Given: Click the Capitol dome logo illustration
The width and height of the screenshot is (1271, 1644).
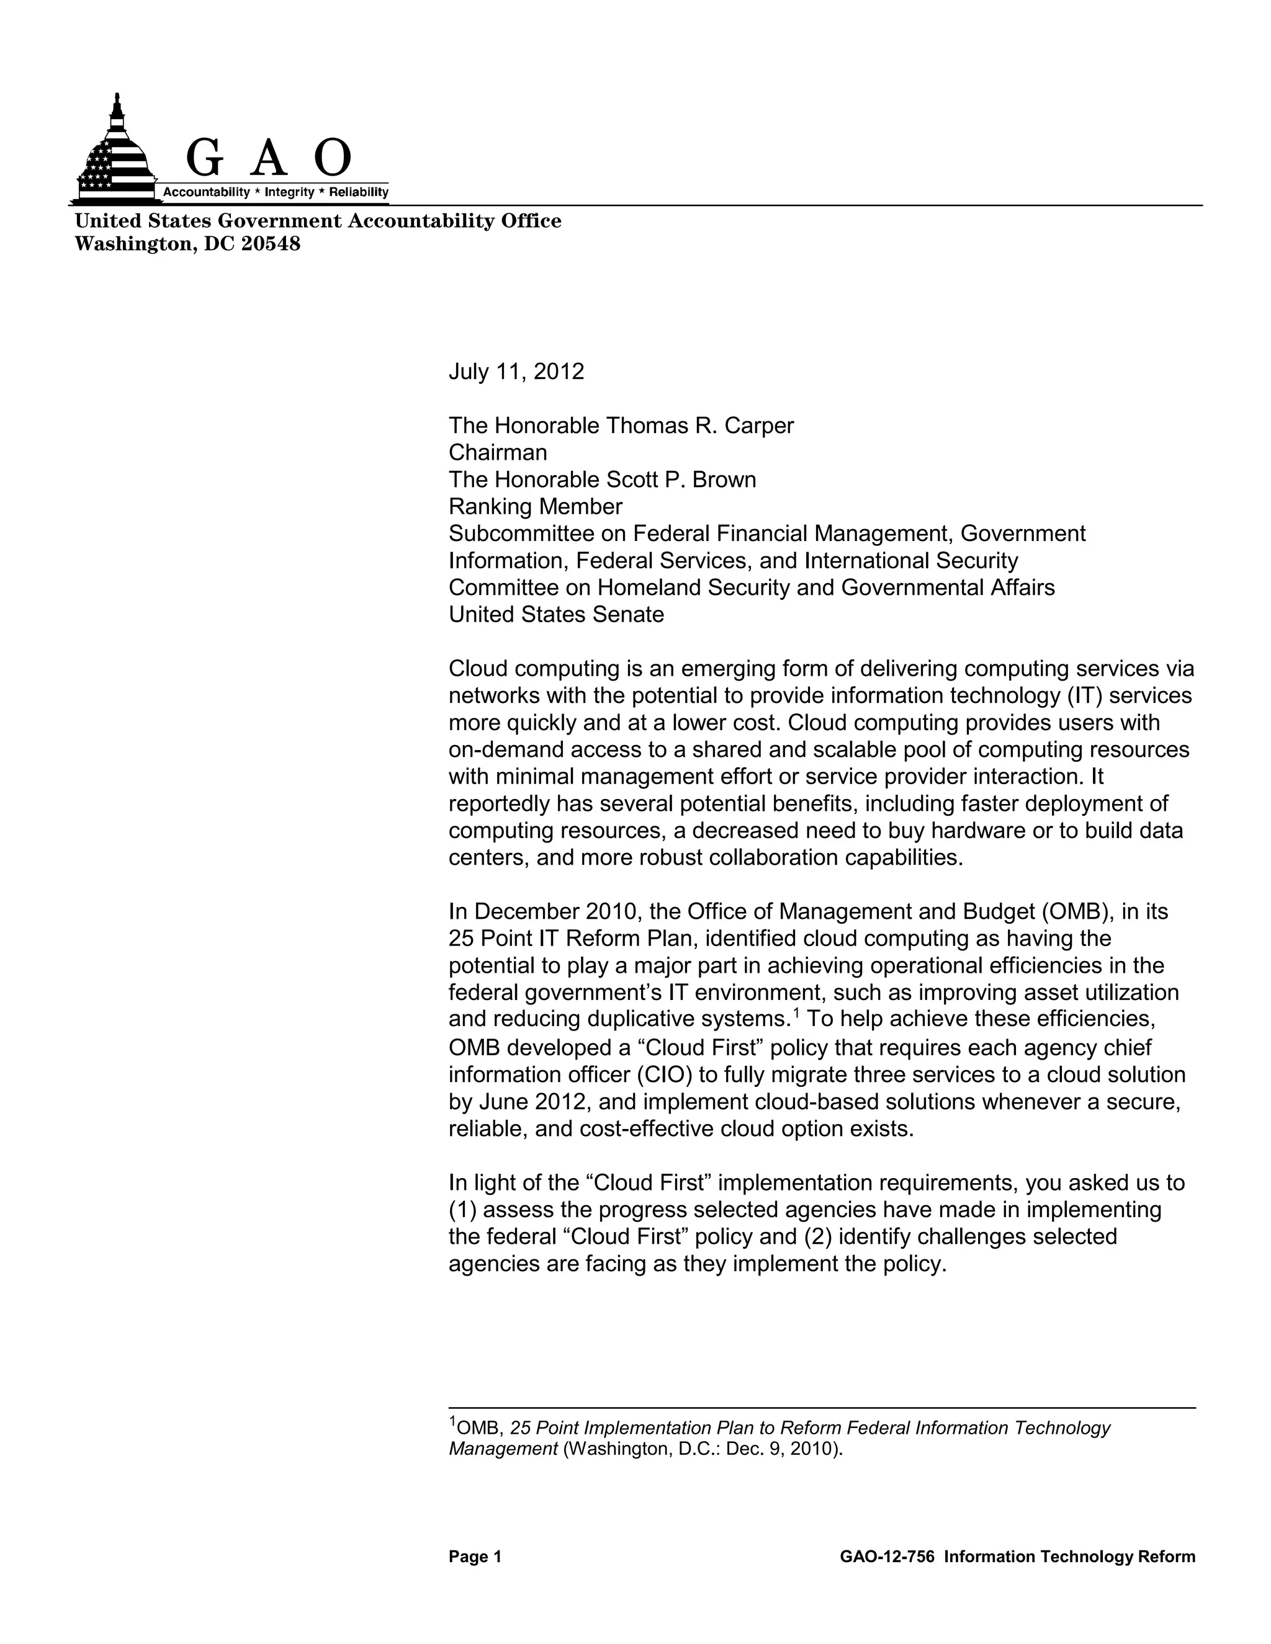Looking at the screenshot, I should coord(114,154).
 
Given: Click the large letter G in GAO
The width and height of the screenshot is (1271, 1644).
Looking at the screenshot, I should coord(204,159).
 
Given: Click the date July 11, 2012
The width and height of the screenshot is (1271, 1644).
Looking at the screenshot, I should coord(516,372).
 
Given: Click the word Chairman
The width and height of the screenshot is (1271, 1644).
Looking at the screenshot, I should coord(498,452).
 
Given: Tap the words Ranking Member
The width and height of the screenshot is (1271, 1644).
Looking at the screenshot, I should coord(536,507).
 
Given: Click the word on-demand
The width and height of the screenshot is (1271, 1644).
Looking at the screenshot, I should coord(506,750).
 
